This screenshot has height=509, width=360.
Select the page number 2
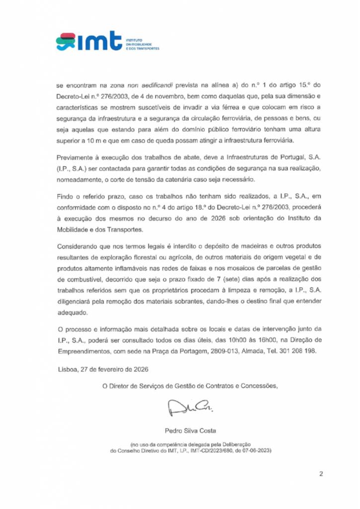(321, 474)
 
